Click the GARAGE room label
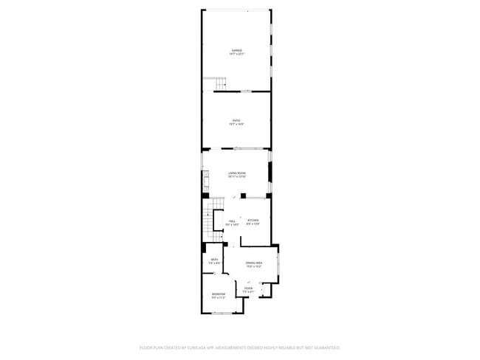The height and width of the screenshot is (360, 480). (x=236, y=50)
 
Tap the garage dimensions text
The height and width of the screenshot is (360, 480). (x=236, y=55)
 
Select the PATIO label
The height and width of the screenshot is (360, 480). (x=236, y=120)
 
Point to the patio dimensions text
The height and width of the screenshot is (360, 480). (x=236, y=125)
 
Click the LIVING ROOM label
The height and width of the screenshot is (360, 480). (x=236, y=173)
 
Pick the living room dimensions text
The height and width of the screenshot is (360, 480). (x=236, y=177)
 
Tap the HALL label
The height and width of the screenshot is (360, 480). (x=232, y=221)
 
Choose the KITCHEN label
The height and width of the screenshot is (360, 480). (x=253, y=221)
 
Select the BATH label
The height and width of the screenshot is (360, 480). (x=215, y=260)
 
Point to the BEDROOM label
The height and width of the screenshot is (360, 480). (x=219, y=294)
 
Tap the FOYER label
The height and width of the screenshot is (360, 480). (x=249, y=288)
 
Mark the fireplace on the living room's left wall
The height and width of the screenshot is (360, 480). (x=205, y=181)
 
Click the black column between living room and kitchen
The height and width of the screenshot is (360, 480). (x=242, y=195)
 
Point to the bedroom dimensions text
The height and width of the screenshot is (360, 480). (x=219, y=299)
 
